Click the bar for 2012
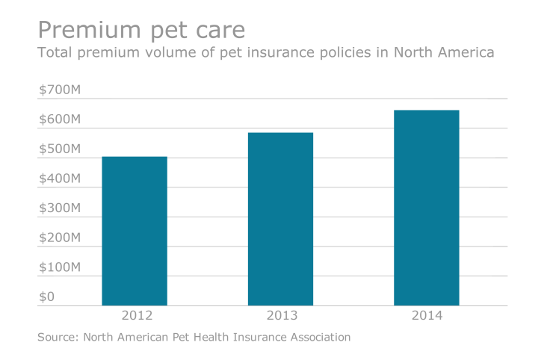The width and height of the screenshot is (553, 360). tap(135, 231)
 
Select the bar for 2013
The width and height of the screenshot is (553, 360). tap(280, 219)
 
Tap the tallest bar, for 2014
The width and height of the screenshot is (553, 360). tap(427, 208)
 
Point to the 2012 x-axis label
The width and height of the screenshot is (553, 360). tap(135, 315)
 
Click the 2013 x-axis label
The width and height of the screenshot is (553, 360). tap(280, 315)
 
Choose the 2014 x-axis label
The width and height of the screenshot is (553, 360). tap(427, 315)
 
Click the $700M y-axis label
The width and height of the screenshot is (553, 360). tap(59, 90)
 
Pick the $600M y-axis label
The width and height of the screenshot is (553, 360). tap(59, 120)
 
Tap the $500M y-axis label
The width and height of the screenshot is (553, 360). tap(59, 149)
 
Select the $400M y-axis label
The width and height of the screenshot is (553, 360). tap(59, 179)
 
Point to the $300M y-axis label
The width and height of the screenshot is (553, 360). tap(59, 208)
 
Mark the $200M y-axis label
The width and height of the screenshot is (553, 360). tap(59, 238)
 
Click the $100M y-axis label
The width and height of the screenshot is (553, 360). tap(59, 267)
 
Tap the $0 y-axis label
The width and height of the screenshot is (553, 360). tap(46, 297)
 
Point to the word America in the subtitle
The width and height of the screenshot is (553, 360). tap(465, 54)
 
